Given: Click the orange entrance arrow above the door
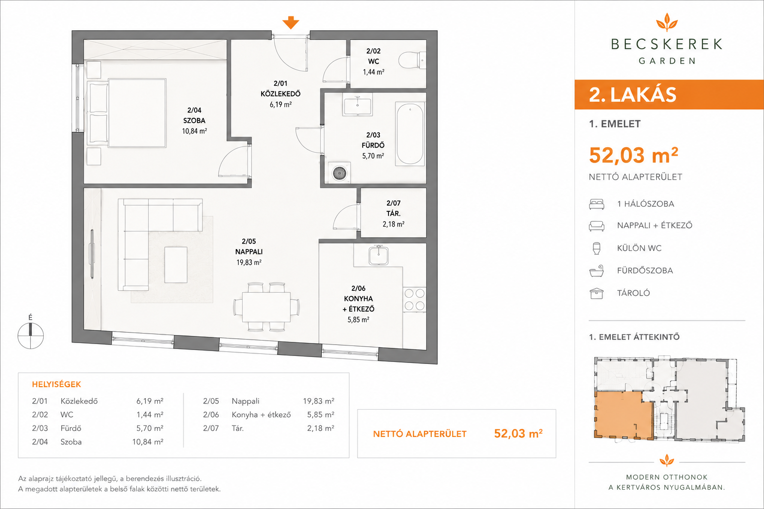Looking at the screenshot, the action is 290,22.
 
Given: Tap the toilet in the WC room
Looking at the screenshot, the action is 412,61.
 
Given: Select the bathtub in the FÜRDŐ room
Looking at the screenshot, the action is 410,134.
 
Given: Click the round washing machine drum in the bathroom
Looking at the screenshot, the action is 339,173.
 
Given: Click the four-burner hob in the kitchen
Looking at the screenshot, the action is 414,299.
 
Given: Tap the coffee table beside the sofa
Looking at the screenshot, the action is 176,265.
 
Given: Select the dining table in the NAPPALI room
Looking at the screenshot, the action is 267,307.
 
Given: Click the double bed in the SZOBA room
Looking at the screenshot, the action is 127,113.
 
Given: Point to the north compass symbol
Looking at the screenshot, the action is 31,336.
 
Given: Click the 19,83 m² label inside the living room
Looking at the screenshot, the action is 249,262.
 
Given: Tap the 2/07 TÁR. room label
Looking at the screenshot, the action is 393,208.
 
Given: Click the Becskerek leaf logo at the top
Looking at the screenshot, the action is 667,22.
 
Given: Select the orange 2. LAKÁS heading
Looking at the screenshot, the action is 633,95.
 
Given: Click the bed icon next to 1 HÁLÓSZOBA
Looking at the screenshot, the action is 596,204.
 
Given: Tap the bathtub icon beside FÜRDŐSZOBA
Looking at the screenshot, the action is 596,271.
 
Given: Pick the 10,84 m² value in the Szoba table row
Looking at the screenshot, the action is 148,442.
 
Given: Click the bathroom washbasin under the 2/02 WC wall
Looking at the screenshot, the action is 358,104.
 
